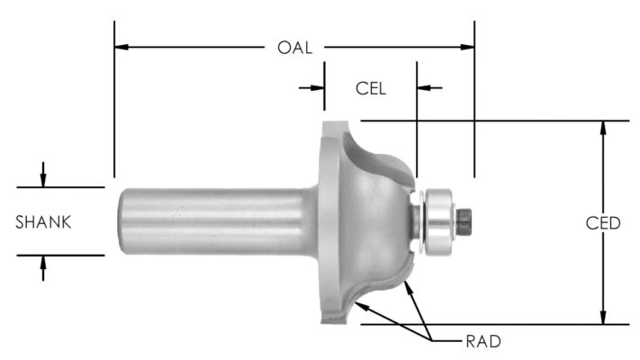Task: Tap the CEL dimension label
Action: [370, 88]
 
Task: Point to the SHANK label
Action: [43, 221]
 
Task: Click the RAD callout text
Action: [484, 341]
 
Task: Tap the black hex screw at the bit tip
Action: [464, 222]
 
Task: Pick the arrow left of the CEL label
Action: [316, 88]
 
